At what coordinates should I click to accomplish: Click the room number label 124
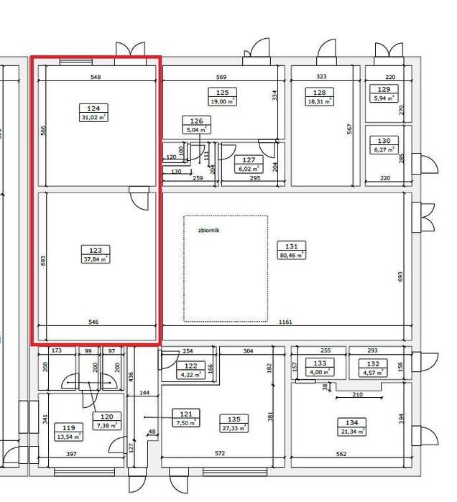click(x=93, y=108)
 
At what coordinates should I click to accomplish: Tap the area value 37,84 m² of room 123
click(x=95, y=259)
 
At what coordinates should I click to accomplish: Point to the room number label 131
click(x=292, y=246)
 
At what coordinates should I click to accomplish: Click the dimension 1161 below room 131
click(x=285, y=323)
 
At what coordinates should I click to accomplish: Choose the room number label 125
click(x=222, y=93)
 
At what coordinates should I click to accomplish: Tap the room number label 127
click(x=249, y=160)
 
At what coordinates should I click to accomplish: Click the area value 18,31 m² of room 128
click(x=320, y=101)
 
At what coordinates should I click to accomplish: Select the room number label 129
click(x=384, y=90)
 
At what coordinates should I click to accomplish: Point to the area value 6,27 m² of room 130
click(x=384, y=150)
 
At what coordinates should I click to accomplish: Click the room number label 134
click(x=352, y=423)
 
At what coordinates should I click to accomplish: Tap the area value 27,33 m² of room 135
click(x=234, y=428)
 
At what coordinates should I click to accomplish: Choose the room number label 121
click(x=185, y=414)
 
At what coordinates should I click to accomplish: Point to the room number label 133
click(x=320, y=363)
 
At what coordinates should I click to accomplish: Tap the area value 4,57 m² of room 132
click(x=373, y=373)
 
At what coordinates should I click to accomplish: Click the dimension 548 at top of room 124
click(x=96, y=77)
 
